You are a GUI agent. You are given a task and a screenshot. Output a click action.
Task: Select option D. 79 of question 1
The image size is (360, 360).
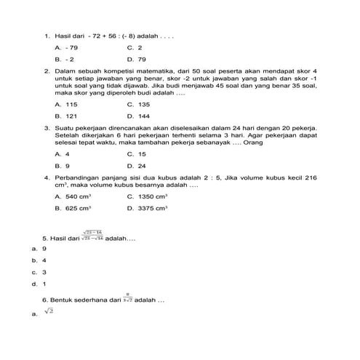pos(137,58)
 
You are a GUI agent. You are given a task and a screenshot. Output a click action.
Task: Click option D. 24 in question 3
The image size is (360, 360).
pos(136,166)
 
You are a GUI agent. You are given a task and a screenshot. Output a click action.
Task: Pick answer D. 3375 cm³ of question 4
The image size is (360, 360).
pos(147,208)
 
